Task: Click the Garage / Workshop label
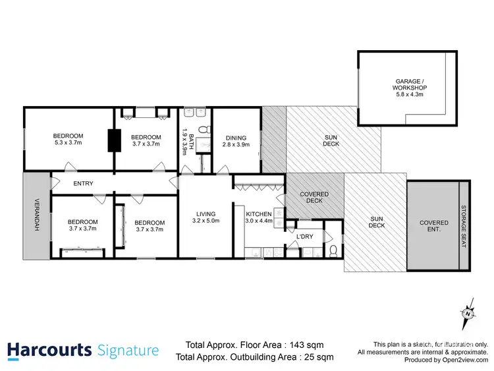click(410, 84)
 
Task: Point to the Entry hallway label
click(83, 184)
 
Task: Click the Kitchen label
click(259, 214)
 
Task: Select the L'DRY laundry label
click(304, 236)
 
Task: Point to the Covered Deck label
click(314, 197)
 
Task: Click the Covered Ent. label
click(434, 227)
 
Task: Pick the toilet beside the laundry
click(333, 249)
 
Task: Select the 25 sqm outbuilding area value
click(316, 357)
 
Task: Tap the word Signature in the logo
click(128, 351)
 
